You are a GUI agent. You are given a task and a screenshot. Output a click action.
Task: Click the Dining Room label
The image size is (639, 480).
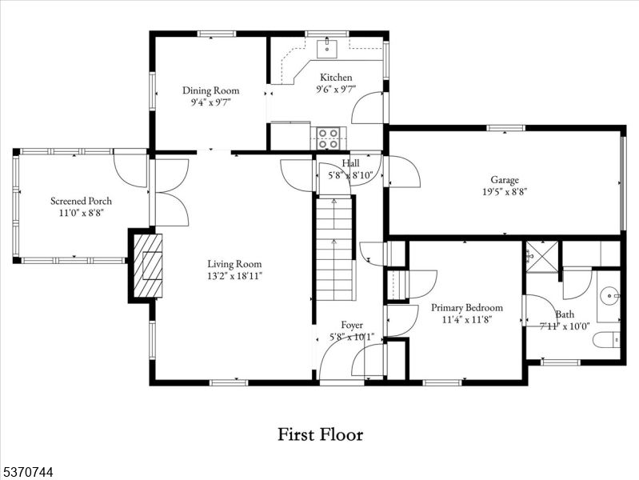(210, 90)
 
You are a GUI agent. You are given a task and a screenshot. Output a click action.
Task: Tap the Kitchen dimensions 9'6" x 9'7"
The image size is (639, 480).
(335, 90)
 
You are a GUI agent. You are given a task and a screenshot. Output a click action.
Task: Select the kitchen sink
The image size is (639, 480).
(327, 49)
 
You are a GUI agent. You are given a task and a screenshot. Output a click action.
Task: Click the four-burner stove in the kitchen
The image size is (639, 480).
(328, 138)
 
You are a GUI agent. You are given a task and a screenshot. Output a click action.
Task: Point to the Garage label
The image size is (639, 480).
(505, 179)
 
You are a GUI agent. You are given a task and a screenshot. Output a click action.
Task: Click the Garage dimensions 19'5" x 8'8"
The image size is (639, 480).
(505, 191)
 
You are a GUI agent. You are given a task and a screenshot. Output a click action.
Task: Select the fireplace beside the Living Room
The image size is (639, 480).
(147, 266)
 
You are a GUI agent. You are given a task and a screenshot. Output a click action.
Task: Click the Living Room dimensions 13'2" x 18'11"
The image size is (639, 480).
(234, 275)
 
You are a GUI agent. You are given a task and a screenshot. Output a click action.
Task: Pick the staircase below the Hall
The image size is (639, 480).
(335, 248)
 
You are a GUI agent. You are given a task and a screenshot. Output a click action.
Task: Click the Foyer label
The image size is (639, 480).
(352, 325)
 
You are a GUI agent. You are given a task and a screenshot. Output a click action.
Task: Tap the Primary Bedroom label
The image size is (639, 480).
(466, 307)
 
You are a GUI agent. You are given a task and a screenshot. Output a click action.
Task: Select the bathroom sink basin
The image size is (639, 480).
(611, 296)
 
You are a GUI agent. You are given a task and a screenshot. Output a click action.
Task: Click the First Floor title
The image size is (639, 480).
(320, 434)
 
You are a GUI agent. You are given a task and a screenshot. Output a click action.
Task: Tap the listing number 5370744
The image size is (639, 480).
(28, 473)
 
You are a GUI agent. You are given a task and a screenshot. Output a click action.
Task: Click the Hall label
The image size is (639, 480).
(350, 163)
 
